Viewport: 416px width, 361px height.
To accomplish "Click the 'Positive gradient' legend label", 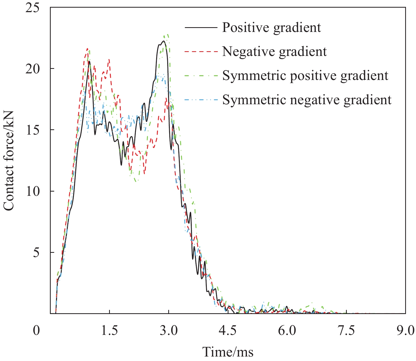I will (x=271, y=27).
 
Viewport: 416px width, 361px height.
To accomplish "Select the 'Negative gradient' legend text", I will (x=274, y=51).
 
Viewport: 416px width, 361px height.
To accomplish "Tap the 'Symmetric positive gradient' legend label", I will (x=305, y=76).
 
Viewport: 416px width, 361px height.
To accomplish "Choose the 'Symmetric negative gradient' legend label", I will (x=307, y=100).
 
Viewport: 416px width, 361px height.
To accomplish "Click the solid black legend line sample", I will (x=201, y=27).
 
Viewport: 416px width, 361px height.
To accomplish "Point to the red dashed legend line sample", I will (x=201, y=51).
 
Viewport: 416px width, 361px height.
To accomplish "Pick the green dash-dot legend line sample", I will (x=201, y=76).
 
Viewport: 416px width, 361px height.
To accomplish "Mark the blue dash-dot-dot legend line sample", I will (x=201, y=100).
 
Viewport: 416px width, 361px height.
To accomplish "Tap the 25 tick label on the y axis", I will (x=32, y=8).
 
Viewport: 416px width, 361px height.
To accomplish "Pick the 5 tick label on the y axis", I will (x=36, y=252).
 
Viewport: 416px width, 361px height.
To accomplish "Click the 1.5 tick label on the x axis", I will (x=109, y=330).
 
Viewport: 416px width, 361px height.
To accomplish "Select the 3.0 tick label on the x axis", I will (x=169, y=330).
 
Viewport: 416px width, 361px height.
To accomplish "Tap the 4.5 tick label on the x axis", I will (x=228, y=330).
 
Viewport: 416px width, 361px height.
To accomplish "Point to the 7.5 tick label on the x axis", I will (x=346, y=330).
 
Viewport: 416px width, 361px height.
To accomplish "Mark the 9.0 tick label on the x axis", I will (x=405, y=330).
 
